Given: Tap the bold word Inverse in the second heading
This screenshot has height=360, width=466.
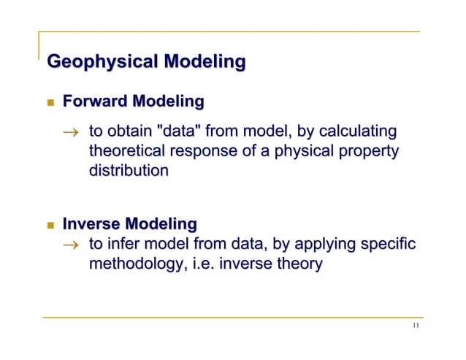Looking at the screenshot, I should [92, 223].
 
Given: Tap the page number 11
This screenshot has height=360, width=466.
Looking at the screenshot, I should [415, 326].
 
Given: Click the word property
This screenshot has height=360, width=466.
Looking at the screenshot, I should [367, 152].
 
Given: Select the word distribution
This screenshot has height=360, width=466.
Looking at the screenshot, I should [129, 172].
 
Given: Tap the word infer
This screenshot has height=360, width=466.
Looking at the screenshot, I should [126, 243].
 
